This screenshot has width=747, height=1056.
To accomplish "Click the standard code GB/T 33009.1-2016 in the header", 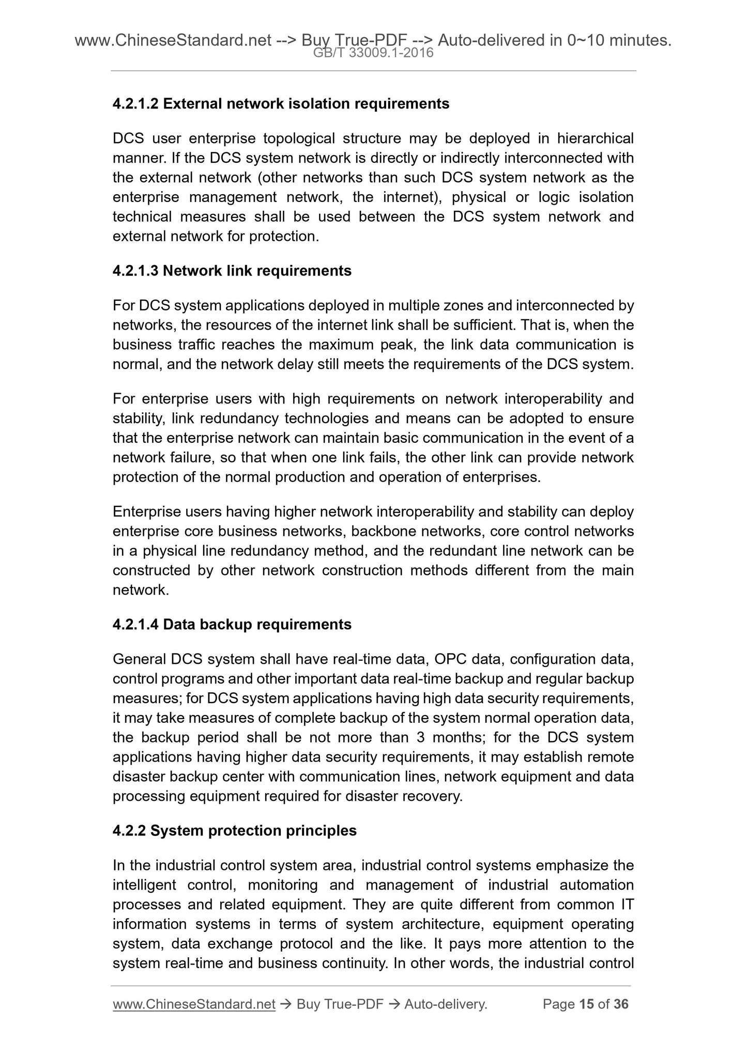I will pos(373,53).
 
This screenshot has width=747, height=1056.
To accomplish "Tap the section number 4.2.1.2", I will pos(135,104).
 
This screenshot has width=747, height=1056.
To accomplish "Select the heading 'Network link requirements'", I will pos(257,271).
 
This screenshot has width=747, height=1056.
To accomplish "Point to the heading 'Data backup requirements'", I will pos(257,625).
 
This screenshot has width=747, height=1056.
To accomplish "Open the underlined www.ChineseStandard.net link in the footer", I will pos(194,1004).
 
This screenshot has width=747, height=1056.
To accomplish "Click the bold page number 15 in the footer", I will pos(586,1004).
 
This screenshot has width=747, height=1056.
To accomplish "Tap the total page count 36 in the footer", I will pos(620,1004).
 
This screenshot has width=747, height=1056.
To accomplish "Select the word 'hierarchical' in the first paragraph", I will pos(595,139).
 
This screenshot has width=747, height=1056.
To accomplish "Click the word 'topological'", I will pos(294,139).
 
